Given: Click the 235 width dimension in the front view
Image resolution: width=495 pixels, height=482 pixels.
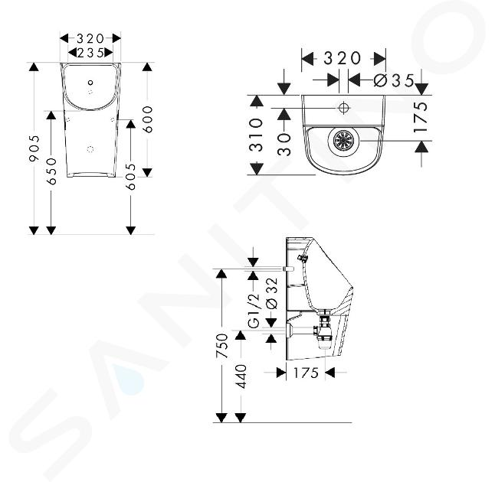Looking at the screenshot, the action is pyautogui.click(x=90, y=53).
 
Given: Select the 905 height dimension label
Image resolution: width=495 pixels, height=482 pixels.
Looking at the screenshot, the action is pyautogui.click(x=34, y=148).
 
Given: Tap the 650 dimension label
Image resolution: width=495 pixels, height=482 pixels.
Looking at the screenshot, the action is pyautogui.click(x=51, y=171).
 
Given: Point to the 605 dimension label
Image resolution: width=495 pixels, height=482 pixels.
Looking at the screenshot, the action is pyautogui.click(x=130, y=177).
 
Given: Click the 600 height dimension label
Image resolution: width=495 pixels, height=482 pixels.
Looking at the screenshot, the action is pyautogui.click(x=147, y=119).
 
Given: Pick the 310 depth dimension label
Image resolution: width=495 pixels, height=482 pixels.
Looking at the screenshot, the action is pyautogui.click(x=256, y=135).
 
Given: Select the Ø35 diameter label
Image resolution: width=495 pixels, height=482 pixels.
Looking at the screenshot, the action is pyautogui.click(x=394, y=80).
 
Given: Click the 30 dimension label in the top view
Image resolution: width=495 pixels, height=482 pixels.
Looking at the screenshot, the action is pyautogui.click(x=284, y=145).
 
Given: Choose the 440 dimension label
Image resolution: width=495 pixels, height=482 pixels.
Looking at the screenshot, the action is pyautogui.click(x=241, y=376).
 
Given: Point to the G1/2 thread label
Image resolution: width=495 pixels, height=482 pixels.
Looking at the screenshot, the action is pyautogui.click(x=254, y=311).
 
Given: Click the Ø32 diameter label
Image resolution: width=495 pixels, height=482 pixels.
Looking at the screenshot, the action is pyautogui.click(x=272, y=293).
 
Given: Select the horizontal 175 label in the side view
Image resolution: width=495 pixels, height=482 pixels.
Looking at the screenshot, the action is pyautogui.click(x=306, y=373).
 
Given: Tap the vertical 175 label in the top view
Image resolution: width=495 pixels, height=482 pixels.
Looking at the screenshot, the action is pyautogui.click(x=421, y=117).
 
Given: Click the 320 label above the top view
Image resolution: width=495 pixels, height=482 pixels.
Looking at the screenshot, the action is pyautogui.click(x=343, y=58).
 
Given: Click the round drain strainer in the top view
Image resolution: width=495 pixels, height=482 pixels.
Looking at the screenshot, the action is pyautogui.click(x=344, y=141).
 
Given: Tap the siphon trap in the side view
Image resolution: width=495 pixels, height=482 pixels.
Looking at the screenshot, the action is pyautogui.click(x=324, y=331).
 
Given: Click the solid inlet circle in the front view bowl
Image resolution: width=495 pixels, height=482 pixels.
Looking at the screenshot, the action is pyautogui.click(x=91, y=83).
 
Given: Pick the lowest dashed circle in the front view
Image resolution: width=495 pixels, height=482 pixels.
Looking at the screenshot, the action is pyautogui.click(x=90, y=149).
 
